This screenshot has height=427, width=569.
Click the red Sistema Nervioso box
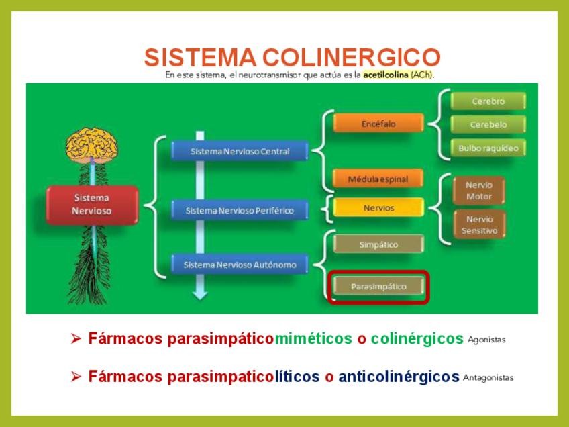point(93,205)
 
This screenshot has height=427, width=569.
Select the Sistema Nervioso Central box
point(240,151)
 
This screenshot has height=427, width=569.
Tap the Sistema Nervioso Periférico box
point(240,210)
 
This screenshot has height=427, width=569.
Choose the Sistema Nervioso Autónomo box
point(240,265)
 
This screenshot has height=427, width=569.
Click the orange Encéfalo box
point(378,124)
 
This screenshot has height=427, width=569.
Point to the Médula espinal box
point(378,179)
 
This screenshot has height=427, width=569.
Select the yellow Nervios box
point(378,208)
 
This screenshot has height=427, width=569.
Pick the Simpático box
point(378,244)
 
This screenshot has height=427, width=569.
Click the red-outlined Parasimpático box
point(378,287)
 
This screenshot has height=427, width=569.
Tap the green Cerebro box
point(488,101)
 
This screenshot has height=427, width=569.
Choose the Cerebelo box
point(488,124)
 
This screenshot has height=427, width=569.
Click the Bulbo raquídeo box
point(488,148)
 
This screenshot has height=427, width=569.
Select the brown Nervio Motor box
point(479,191)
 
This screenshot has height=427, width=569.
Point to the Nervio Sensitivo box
point(479,225)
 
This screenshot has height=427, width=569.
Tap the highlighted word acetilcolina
point(386,75)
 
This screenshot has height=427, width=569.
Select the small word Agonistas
point(486,340)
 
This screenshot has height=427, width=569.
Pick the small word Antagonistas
point(488,377)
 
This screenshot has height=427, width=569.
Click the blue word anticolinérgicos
point(399,377)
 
